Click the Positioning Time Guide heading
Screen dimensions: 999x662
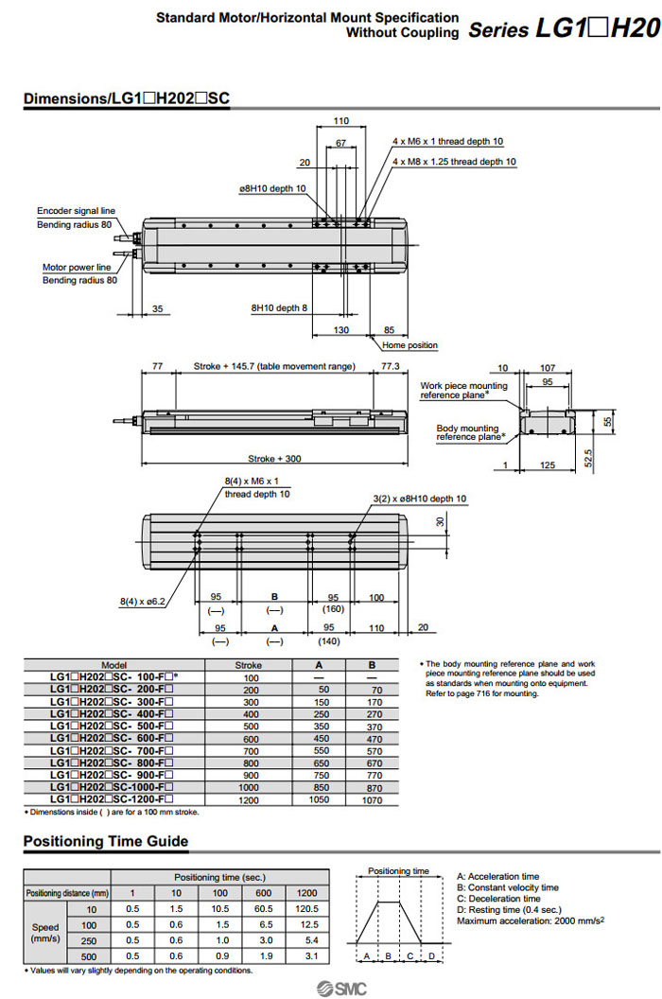106,841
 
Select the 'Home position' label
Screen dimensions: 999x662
409,345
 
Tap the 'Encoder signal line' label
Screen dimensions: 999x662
76,211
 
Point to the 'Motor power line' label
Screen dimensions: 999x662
77,267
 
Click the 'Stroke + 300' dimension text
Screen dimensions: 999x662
274,459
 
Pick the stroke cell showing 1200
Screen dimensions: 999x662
252,800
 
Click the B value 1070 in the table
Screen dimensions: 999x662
372,800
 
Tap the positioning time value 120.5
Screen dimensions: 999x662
307,909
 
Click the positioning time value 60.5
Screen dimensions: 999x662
264,909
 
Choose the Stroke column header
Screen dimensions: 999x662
252,665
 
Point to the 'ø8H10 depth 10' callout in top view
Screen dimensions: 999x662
271,188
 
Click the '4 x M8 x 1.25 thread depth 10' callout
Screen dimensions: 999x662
454,162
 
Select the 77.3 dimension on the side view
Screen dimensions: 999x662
390,365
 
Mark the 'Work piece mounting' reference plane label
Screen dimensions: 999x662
463,386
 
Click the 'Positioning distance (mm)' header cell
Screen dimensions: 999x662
67,893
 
